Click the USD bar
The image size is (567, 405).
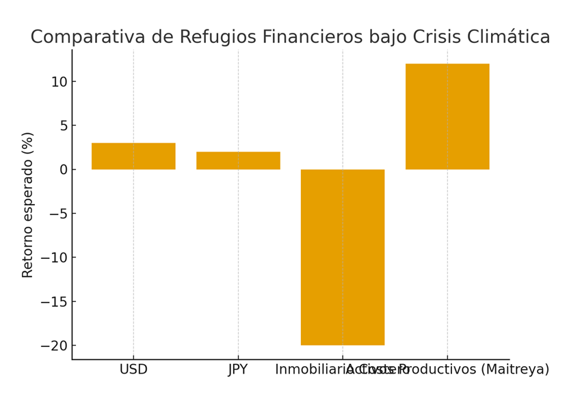pyautogui.click(x=133, y=156)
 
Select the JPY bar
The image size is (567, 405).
pyautogui.click(x=238, y=160)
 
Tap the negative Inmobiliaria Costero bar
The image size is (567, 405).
pyautogui.click(x=343, y=257)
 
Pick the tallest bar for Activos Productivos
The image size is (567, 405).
pyautogui.click(x=447, y=116)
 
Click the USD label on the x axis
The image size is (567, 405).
pyautogui.click(x=133, y=370)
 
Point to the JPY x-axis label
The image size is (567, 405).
pyautogui.click(x=238, y=370)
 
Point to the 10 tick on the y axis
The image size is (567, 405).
pyautogui.click(x=59, y=82)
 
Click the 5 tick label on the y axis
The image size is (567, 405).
pyautogui.click(x=62, y=126)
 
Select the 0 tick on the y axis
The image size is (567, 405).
pyautogui.click(x=62, y=169)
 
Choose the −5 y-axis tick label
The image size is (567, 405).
pyautogui.click(x=58, y=214)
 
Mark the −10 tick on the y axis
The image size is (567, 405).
pyautogui.click(x=55, y=257)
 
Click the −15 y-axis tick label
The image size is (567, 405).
pyautogui.click(x=55, y=302)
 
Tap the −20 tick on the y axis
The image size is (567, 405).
pyautogui.click(x=55, y=346)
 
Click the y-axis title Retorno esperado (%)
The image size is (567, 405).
pyautogui.click(x=28, y=205)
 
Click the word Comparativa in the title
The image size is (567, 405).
pyautogui.click(x=74, y=38)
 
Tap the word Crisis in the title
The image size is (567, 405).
pyautogui.click(x=441, y=38)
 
